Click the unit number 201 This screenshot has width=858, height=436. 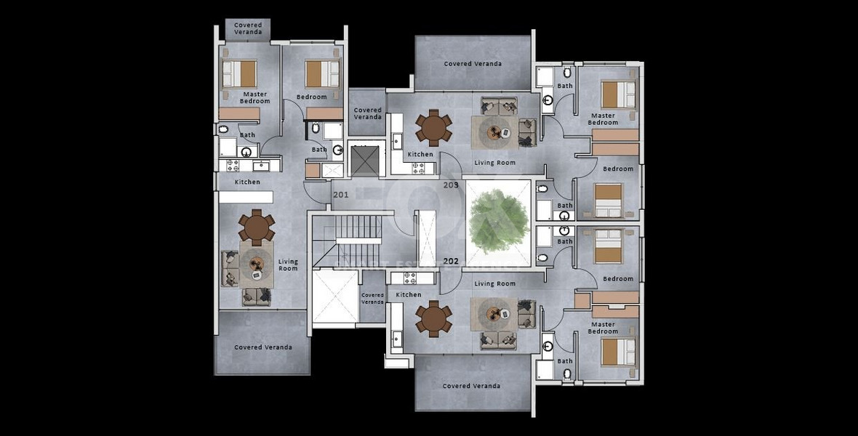pyautogui.click(x=340, y=195)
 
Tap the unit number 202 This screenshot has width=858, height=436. pyautogui.click(x=450, y=261)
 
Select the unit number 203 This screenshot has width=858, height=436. pyautogui.click(x=450, y=186)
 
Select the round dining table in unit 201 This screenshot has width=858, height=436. pyautogui.click(x=256, y=227)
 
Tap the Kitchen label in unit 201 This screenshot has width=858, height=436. pyautogui.click(x=247, y=182)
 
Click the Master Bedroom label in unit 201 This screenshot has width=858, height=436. pyautogui.click(x=254, y=97)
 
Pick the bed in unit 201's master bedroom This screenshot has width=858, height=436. pyautogui.click(x=239, y=73)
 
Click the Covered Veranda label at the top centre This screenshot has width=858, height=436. pyautogui.click(x=473, y=64)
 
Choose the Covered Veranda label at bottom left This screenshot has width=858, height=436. pyautogui.click(x=263, y=347)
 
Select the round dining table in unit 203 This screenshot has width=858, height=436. pyautogui.click(x=434, y=128)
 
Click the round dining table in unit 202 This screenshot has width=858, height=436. pyautogui.click(x=434, y=320)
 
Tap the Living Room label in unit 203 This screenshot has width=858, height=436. pyautogui.click(x=494, y=163)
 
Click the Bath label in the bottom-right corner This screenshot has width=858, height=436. pyautogui.click(x=565, y=361)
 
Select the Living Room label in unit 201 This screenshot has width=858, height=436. pyautogui.click(x=288, y=265)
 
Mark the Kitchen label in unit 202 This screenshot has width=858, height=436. pyautogui.click(x=409, y=294)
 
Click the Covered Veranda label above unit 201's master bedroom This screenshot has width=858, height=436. pyautogui.click(x=248, y=29)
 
